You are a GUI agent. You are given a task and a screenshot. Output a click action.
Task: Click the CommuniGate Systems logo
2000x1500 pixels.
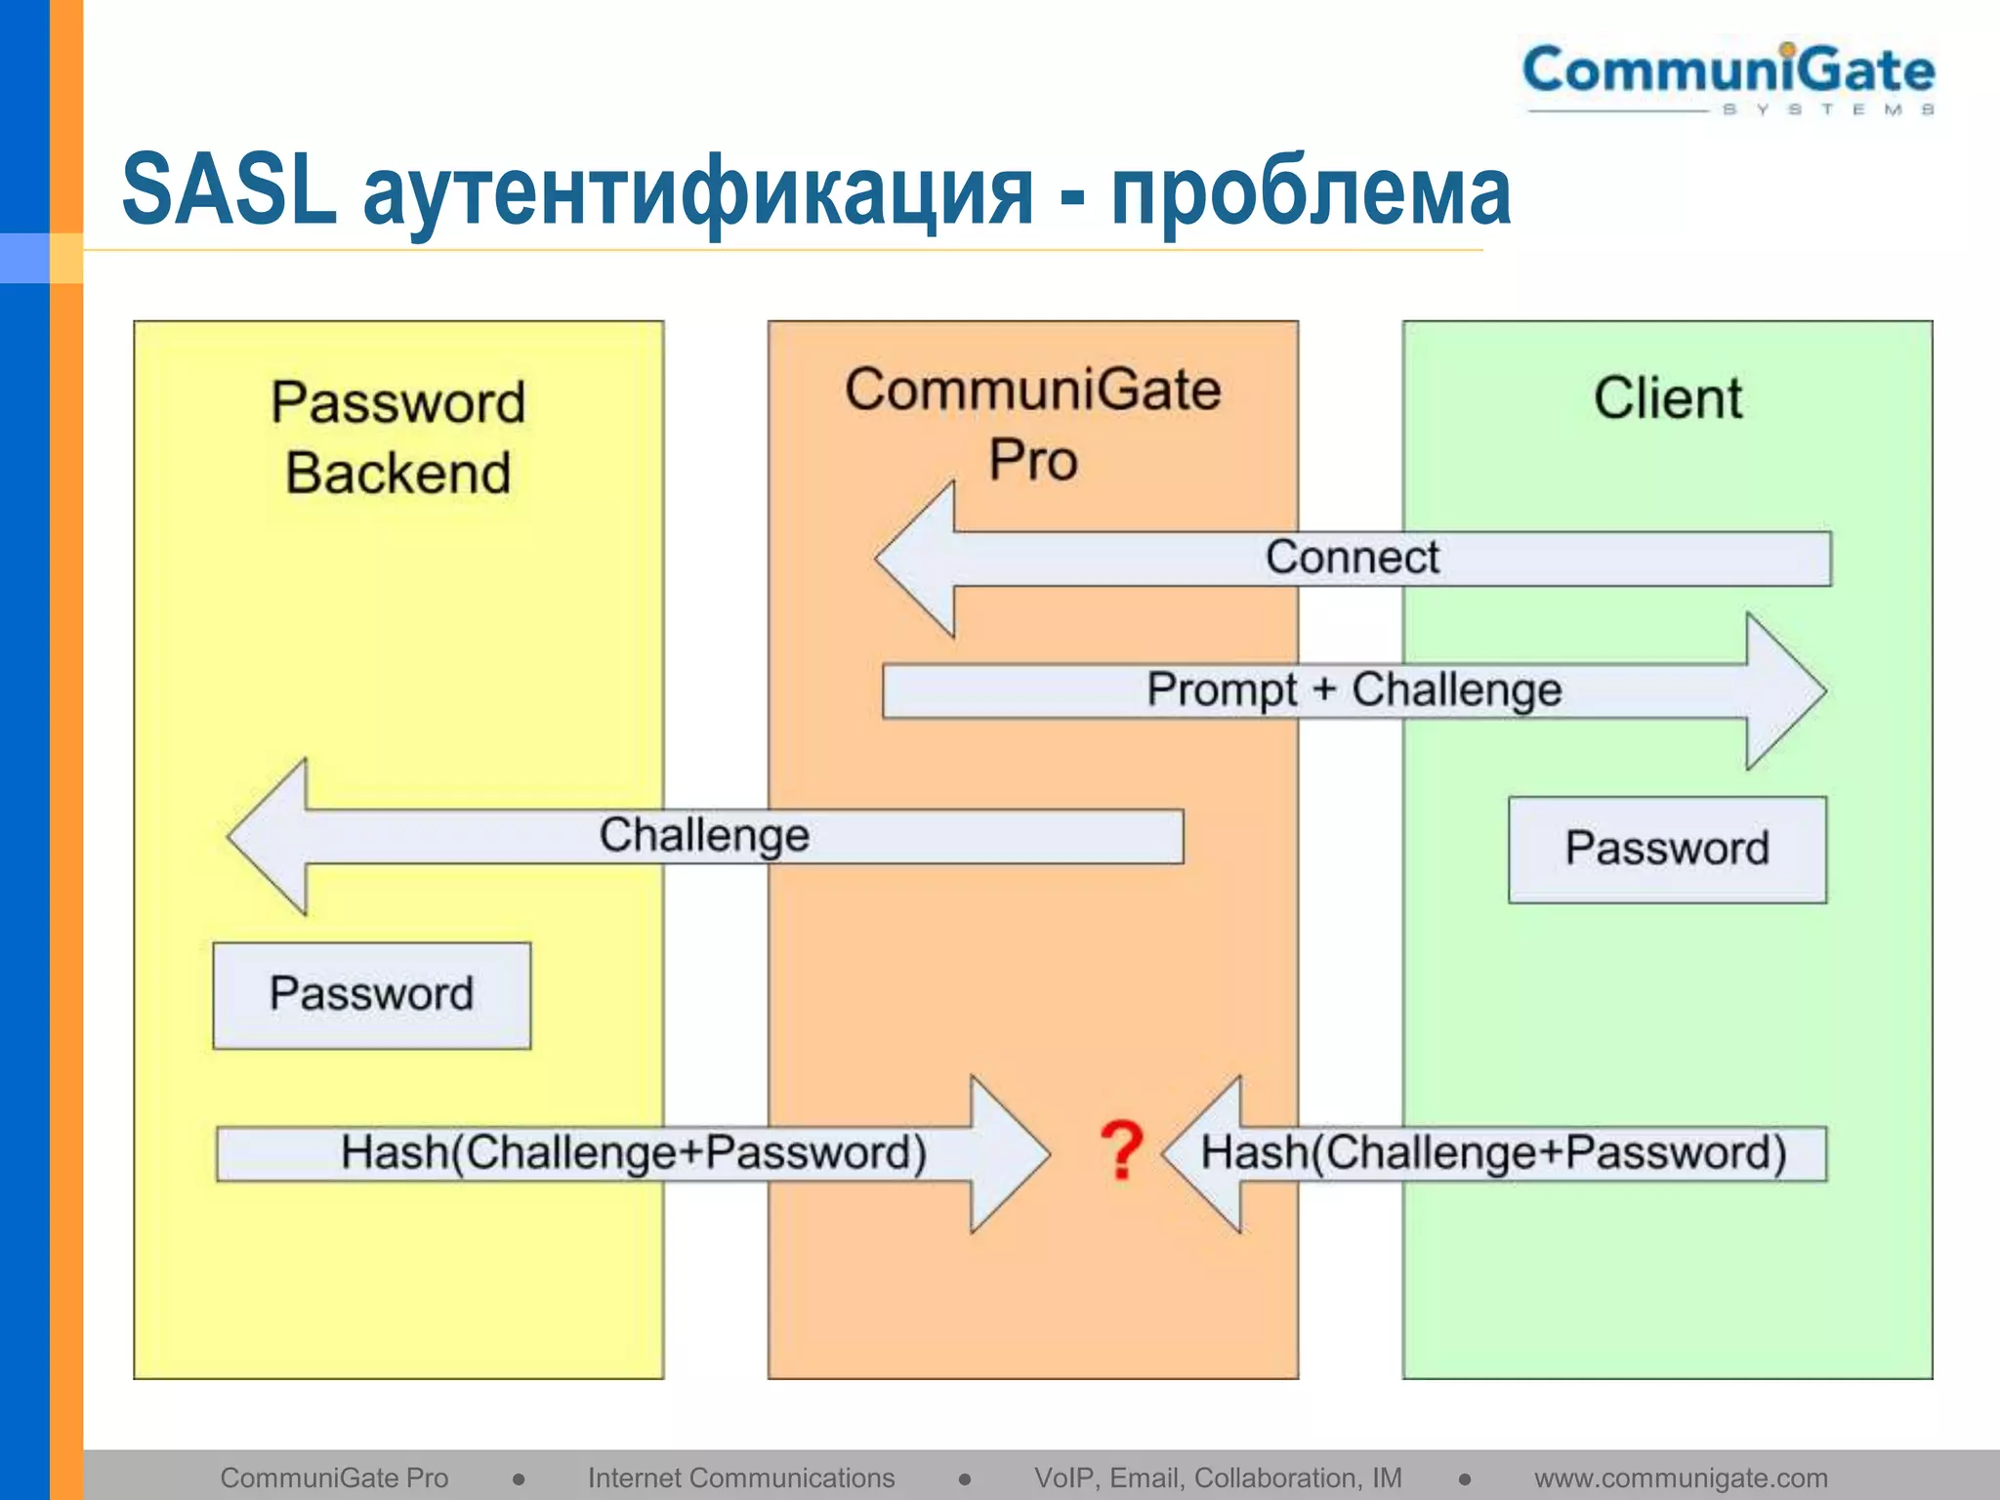1729,78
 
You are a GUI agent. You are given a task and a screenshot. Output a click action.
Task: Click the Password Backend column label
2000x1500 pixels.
398,437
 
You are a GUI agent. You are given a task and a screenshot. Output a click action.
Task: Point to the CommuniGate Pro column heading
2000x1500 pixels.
1032,424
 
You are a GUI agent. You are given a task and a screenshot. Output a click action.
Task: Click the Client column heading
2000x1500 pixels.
1667,398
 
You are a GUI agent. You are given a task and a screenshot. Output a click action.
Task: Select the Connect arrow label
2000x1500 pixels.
1352,558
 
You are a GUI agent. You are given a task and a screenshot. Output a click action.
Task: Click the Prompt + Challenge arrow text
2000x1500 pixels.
1354,690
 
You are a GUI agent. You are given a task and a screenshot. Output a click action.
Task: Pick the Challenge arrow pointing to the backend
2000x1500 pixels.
704,836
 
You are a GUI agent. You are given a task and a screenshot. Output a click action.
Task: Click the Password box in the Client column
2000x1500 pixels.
1667,849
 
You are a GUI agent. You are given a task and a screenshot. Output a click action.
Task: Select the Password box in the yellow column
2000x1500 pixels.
372,995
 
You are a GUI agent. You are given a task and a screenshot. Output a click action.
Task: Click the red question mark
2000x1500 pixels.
1121,1152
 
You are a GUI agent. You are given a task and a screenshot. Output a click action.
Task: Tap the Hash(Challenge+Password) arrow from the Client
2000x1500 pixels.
1493,1153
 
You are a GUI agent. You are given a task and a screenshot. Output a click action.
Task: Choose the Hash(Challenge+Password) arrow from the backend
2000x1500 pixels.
633,1153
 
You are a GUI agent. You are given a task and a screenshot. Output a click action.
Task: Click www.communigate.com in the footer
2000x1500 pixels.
1680,1478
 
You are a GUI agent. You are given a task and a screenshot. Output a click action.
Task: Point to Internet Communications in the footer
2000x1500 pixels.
740,1478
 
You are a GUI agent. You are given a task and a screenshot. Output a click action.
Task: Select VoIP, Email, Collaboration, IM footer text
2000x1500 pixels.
1218,1478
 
